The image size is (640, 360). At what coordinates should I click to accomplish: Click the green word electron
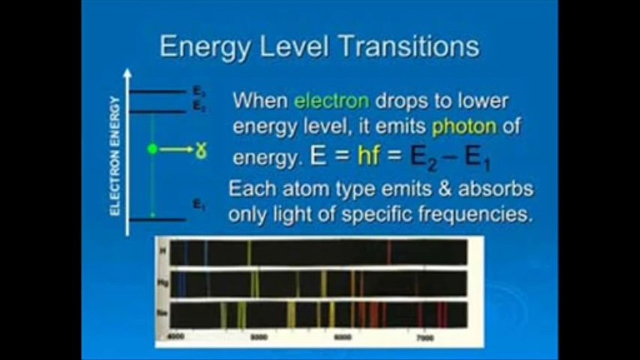click(x=331, y=101)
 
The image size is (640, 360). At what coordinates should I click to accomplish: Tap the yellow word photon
click(x=464, y=127)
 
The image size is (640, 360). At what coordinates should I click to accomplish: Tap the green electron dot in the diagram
click(x=153, y=149)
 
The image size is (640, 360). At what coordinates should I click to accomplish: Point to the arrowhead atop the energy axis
click(x=128, y=73)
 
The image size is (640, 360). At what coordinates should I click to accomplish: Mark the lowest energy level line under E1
click(x=157, y=219)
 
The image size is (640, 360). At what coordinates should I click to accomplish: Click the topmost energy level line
click(x=157, y=91)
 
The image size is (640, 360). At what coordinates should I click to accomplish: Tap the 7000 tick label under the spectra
click(x=425, y=337)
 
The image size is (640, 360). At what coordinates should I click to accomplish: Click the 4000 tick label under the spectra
click(x=177, y=336)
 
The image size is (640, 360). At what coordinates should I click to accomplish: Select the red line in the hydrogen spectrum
click(x=389, y=252)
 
